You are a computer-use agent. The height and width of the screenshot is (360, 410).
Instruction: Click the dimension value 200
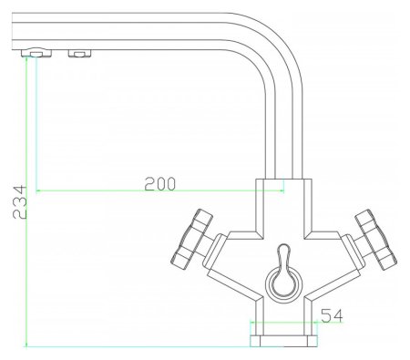tap(159, 184)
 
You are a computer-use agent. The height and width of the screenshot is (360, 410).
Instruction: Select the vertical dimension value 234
tap(20, 202)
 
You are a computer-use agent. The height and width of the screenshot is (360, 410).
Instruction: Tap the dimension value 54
tap(332, 315)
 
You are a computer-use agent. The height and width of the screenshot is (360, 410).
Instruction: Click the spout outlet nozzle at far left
tap(36, 53)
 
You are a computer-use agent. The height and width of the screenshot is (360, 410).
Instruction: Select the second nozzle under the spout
tap(79, 54)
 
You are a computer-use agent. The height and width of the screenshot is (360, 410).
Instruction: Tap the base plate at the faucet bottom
tap(283, 341)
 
